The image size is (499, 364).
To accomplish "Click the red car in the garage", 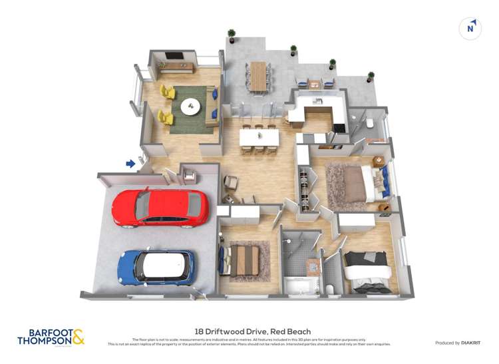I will coord(160,207).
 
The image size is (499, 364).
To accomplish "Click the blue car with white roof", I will coord(156,266).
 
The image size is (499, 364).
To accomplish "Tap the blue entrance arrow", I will coord(131,163).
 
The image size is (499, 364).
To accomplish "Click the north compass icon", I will coord(470,28).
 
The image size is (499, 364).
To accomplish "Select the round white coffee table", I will coord(192,105).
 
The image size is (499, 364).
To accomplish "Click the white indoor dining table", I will coord(258,136).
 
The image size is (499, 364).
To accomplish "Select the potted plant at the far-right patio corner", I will coord(371,76).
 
